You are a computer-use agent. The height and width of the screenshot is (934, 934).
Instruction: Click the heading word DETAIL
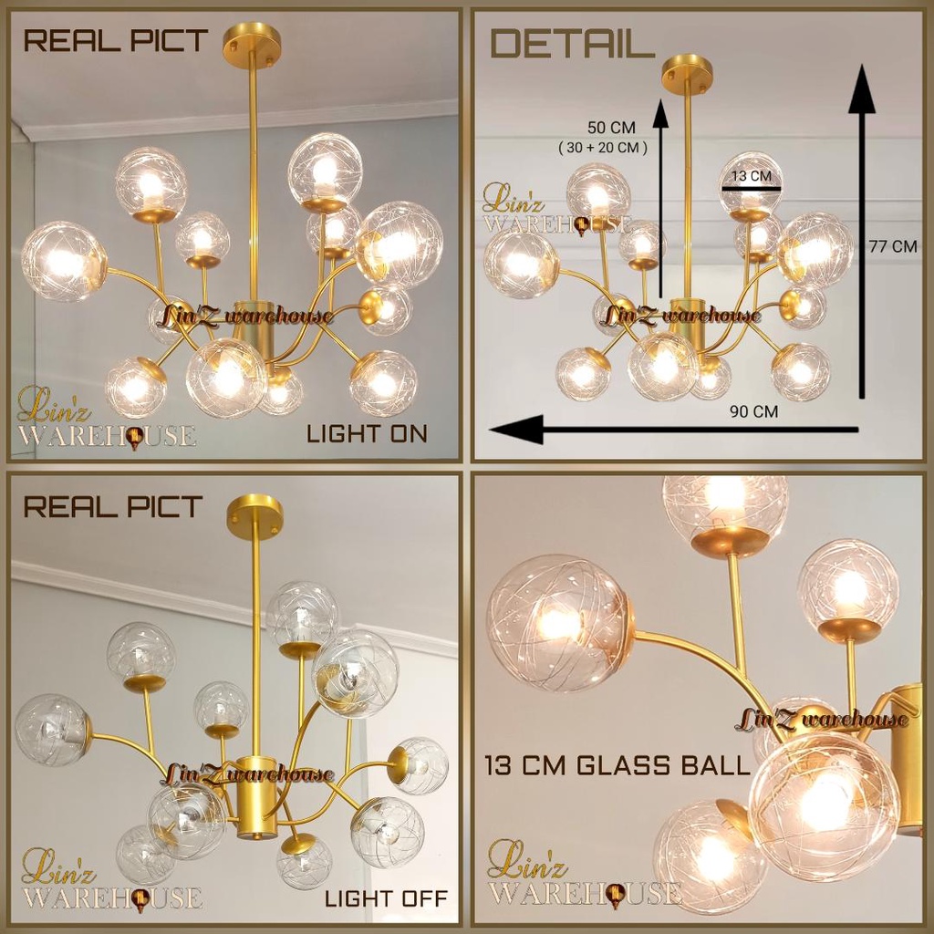(573, 44)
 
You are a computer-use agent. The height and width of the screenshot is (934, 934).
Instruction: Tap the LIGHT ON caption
(367, 433)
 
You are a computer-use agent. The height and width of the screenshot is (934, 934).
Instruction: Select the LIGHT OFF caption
(386, 898)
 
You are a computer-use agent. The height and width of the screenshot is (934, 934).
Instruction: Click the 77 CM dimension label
(893, 246)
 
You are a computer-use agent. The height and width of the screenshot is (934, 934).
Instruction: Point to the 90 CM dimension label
(754, 411)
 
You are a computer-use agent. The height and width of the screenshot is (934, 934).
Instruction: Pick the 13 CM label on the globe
(752, 176)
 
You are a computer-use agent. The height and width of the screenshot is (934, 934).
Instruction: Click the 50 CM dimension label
(611, 128)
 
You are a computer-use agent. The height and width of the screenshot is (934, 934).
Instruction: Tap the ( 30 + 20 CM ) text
(603, 147)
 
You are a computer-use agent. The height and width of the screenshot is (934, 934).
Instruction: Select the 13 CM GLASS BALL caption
(617, 765)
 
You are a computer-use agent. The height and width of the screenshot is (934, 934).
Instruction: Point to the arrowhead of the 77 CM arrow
(861, 88)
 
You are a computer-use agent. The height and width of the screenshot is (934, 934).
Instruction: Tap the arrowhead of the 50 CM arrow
(660, 113)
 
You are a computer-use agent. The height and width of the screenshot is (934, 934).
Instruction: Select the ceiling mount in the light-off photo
(255, 514)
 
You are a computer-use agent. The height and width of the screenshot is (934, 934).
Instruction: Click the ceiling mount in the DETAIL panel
(688, 73)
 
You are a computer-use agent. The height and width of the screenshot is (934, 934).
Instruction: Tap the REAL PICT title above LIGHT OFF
(112, 507)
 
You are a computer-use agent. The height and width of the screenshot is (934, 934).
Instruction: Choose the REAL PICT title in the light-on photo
(115, 41)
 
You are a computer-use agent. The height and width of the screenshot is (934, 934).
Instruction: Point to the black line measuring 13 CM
(752, 189)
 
